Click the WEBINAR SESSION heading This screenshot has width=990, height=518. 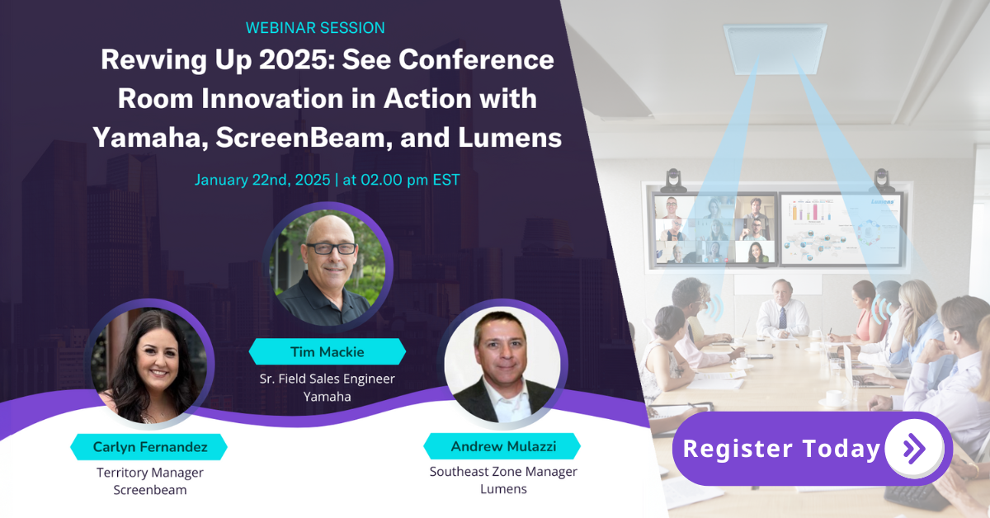(315, 28)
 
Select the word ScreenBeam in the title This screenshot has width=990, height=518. (304, 138)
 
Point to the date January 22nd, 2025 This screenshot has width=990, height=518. (262, 180)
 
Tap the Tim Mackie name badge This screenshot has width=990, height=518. (327, 352)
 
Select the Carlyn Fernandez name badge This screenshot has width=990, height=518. (149, 447)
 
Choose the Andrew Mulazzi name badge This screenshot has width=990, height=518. (502, 446)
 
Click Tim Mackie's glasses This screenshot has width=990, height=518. (331, 248)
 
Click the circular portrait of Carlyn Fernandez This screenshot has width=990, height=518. (149, 365)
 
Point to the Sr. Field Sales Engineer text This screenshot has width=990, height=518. (327, 379)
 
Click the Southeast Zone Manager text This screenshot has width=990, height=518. (503, 472)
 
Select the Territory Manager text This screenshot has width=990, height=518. (150, 473)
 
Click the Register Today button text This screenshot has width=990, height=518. (781, 449)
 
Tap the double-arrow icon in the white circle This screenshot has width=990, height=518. (914, 449)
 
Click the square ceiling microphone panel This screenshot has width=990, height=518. (775, 49)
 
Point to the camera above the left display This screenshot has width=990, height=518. (673, 180)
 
